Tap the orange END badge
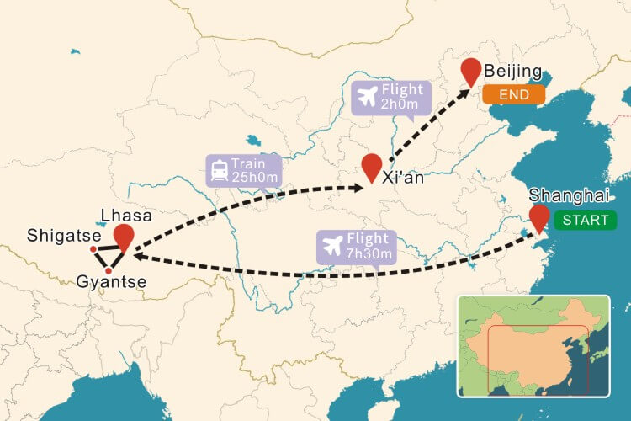point(513,94)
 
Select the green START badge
point(586,220)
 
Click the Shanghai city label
point(568,195)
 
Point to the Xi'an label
point(402,179)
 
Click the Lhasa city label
point(125,216)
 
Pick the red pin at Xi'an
point(371,167)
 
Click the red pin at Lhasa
point(125,237)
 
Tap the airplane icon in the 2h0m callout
point(366,98)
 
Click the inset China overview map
point(533,345)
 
